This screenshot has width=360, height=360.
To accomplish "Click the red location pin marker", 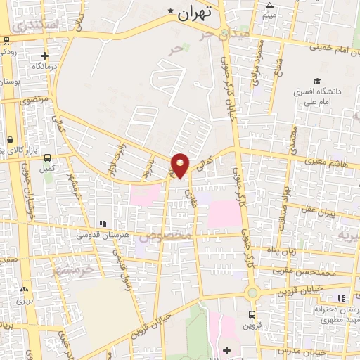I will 181,165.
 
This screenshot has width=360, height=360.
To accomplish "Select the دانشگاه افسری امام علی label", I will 318,96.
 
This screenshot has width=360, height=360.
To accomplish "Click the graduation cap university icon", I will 318,81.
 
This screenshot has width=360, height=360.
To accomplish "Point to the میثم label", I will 269,14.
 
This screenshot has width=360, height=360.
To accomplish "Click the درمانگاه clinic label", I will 44,66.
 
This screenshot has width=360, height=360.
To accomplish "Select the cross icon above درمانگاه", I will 44,56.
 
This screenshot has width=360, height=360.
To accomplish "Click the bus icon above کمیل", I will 48,158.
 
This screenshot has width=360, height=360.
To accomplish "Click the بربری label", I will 25,300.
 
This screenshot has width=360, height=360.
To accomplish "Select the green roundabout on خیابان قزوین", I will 252,292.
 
